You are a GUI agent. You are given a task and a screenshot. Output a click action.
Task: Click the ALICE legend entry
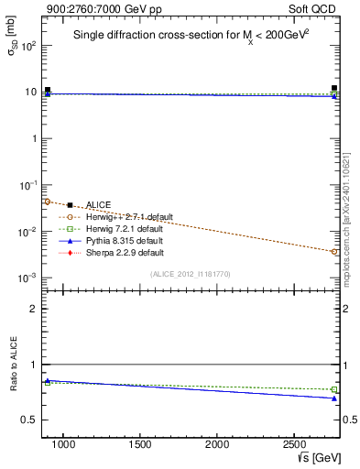click(96, 205)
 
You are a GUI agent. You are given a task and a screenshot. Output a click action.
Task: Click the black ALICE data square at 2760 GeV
click(335, 89)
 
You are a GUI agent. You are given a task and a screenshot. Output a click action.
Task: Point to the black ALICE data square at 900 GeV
click(48, 90)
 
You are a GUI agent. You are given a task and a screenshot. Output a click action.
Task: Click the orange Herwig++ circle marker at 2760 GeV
click(335, 251)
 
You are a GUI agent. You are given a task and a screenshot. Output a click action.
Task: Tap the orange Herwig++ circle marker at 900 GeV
click(48, 202)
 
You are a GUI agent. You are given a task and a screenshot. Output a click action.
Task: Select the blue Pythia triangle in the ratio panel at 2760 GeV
click(335, 398)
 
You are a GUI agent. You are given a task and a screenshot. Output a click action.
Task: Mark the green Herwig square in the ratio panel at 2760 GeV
click(335, 389)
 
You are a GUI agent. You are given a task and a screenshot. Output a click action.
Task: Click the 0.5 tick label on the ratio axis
click(28, 420)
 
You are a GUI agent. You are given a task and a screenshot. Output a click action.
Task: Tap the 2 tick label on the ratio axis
click(32, 310)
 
